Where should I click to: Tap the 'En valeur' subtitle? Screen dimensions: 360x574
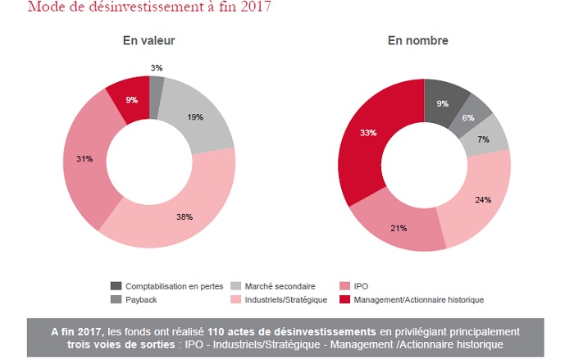tap(148, 40)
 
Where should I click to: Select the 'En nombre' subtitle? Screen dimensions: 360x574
tap(425, 40)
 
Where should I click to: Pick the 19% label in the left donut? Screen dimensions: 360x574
tap(195, 118)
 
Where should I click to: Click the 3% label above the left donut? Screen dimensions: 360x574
tap(156, 66)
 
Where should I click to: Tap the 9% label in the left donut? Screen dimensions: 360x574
tap(131, 101)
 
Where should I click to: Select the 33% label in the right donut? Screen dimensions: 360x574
tap(367, 132)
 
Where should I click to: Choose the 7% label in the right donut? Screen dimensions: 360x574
tap(482, 139)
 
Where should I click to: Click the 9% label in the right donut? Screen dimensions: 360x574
tap(443, 103)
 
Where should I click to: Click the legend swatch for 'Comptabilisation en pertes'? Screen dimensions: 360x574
tap(116, 285)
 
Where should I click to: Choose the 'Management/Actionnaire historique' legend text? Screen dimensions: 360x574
tap(418, 299)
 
